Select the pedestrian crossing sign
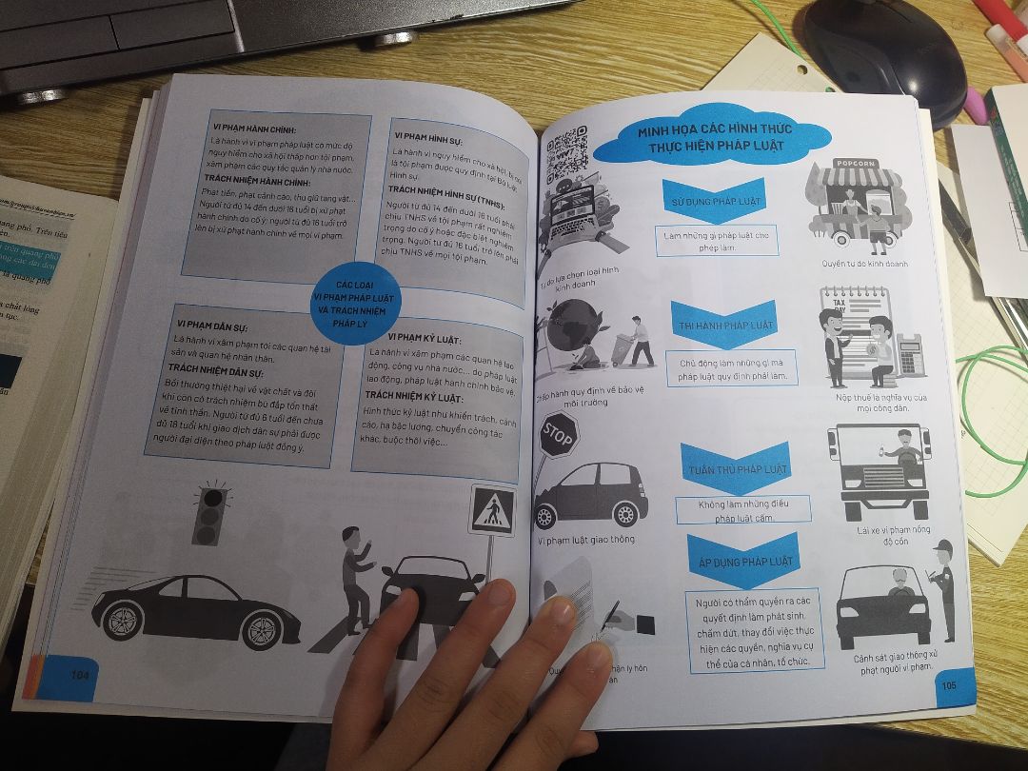coord(492,511)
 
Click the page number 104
coord(79,674)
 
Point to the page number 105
coord(948,684)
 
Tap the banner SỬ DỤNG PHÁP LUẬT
coord(714,200)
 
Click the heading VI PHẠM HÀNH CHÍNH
coord(254,129)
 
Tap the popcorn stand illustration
coord(851,205)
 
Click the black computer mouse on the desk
coord(884,52)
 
